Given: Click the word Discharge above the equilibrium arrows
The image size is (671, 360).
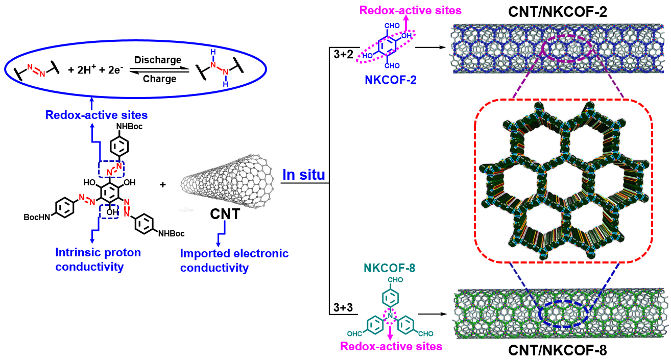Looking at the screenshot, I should click(x=158, y=60).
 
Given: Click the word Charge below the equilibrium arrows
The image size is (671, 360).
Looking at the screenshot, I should click(x=159, y=79).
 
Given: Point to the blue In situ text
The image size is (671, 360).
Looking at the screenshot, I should click(x=304, y=175).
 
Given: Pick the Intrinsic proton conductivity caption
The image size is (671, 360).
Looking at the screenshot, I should click(x=98, y=259).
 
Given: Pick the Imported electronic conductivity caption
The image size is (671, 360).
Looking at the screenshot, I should click(x=234, y=260).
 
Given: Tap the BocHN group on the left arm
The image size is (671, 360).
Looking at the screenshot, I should click(x=37, y=217).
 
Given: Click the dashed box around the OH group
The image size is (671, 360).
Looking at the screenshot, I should click(x=108, y=210).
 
